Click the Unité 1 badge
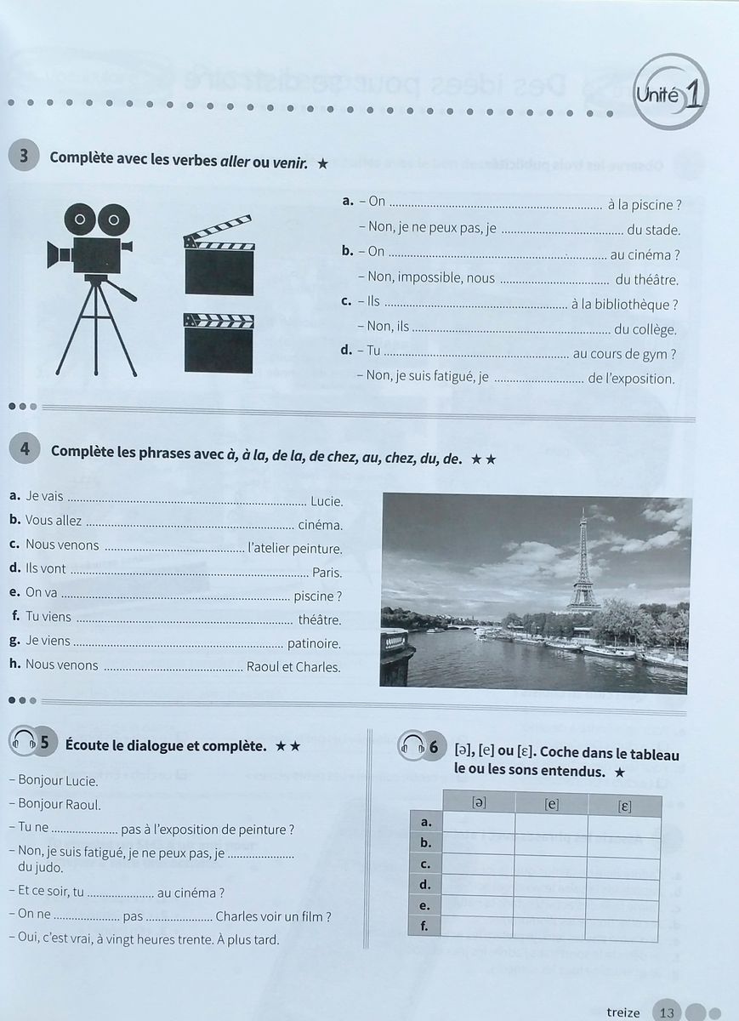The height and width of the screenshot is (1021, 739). tap(671, 94)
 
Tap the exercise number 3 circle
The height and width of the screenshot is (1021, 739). tap(24, 157)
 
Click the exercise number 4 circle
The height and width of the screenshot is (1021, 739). tap(25, 450)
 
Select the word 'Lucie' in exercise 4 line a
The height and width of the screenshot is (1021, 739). tap(327, 501)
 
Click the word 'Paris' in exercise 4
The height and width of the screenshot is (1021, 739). tap(327, 572)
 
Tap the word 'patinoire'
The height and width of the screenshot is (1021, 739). tap(314, 644)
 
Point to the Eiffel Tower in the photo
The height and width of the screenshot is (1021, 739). tap(583, 562)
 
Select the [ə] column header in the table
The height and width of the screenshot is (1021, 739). tap(479, 802)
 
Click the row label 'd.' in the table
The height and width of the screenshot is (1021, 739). tap(426, 885)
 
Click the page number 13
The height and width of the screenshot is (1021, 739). tap(667, 1012)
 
